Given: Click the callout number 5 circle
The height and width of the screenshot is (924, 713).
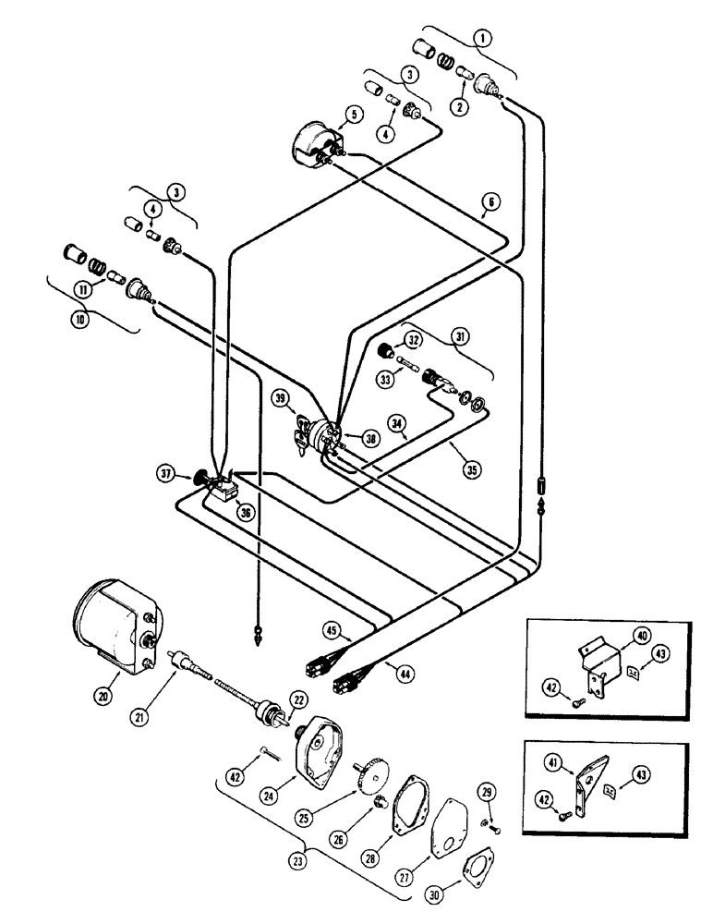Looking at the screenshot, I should tap(352, 117).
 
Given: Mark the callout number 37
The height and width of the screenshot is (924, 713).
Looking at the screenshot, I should tap(167, 476).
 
